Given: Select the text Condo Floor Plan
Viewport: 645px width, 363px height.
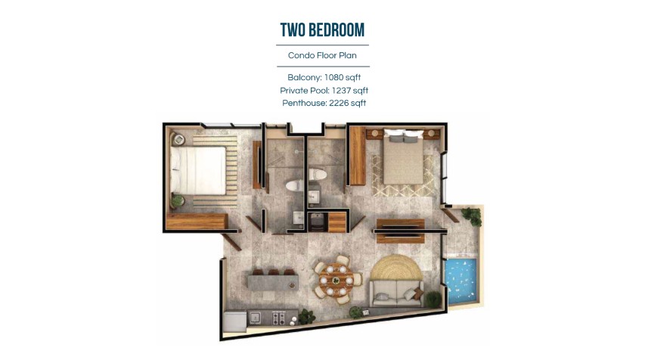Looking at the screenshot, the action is [322, 55].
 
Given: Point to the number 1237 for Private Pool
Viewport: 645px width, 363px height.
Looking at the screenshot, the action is [341, 91].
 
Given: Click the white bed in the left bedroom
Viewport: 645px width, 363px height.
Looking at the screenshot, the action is [198, 170].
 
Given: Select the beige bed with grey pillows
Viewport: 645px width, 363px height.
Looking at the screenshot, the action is [404, 157].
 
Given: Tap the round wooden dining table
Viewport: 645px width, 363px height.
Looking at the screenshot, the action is [336, 280].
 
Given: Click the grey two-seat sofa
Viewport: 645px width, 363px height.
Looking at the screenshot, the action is [396, 293].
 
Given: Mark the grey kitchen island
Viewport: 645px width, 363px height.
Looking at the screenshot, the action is [273, 283].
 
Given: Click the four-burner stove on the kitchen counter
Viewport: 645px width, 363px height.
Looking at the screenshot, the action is [279, 318].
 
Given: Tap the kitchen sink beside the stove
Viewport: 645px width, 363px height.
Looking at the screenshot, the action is [254, 318].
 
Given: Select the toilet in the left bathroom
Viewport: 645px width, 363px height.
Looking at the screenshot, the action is [294, 185].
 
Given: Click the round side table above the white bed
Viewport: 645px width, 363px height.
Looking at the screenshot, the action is [179, 139].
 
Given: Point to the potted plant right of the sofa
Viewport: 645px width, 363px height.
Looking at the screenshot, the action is [433, 299].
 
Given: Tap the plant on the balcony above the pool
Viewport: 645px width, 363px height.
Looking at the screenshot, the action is [472, 216].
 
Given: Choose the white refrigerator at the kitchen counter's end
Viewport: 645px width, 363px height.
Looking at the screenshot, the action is [235, 321].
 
